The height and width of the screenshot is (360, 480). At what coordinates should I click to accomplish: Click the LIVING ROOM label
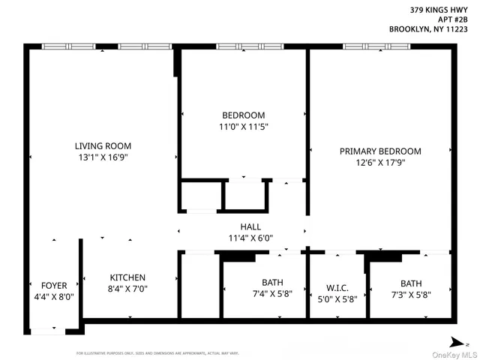[103, 145]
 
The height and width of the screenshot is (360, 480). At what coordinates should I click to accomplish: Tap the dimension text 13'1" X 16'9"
[103, 158]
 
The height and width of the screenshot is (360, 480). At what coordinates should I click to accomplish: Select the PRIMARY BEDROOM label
[380, 151]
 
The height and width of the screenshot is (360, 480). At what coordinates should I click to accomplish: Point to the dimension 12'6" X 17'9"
[380, 163]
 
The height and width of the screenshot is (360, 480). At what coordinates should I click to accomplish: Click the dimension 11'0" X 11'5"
[243, 127]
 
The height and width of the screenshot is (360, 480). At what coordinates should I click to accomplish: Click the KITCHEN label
[127, 277]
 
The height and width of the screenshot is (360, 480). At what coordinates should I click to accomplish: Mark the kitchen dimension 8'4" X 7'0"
[127, 290]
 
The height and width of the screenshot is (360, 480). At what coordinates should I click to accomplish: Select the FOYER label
[54, 286]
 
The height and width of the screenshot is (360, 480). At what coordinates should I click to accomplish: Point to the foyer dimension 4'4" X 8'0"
[54, 297]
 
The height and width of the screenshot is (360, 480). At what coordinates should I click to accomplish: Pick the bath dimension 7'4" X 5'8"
[262, 295]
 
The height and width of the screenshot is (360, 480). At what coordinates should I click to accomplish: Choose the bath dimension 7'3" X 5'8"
[410, 295]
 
